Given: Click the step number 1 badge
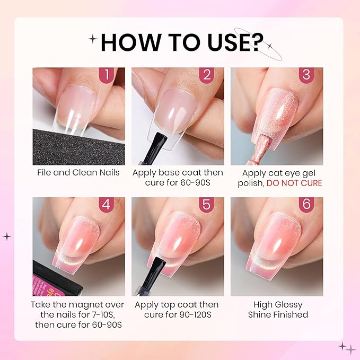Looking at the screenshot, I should [107, 74].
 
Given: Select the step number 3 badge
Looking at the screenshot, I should [306, 74].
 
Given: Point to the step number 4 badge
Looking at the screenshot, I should [107, 204].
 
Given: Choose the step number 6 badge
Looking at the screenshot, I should [306, 204].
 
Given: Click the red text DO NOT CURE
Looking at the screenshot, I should [294, 183].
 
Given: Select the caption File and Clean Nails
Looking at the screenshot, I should [78, 173].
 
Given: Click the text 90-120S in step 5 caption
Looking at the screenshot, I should [195, 315].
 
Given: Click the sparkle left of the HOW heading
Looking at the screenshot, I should [93, 39].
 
